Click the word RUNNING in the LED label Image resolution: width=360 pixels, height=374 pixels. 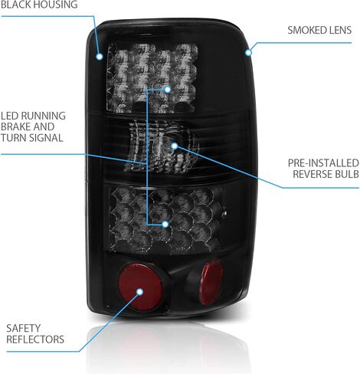[44, 116]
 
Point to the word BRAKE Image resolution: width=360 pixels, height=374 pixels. [15, 126]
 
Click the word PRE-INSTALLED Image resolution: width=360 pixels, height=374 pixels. [323, 163]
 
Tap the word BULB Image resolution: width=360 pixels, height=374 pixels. [348, 174]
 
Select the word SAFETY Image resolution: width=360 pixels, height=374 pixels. [24, 328]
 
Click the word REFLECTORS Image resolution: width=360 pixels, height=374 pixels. [35, 340]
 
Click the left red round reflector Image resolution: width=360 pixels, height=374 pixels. [141, 287]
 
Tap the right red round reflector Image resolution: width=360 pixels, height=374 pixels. [211, 283]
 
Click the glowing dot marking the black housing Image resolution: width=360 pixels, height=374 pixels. [100, 57]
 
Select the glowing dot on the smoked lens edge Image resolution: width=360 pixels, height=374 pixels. [248, 52]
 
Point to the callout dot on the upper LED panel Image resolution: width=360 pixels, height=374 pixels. [168, 90]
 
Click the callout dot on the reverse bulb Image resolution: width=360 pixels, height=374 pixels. [175, 146]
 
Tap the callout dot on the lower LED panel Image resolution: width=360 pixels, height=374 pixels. [165, 225]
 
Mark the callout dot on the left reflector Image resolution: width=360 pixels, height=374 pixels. [139, 292]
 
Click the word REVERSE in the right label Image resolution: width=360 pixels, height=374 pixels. [313, 174]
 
